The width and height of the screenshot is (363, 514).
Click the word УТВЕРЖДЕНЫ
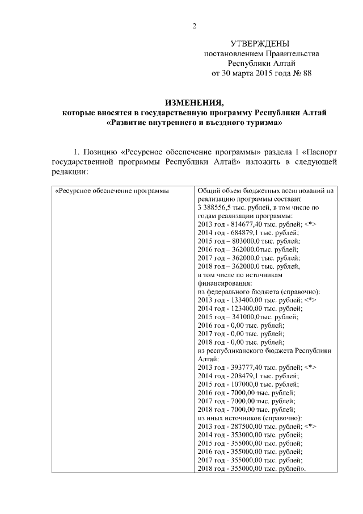click(261, 44)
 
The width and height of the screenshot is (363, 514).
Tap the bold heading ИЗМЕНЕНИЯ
click(193, 103)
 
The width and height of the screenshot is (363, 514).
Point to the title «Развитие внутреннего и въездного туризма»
click(193, 123)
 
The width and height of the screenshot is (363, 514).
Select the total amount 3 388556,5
click(217, 208)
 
